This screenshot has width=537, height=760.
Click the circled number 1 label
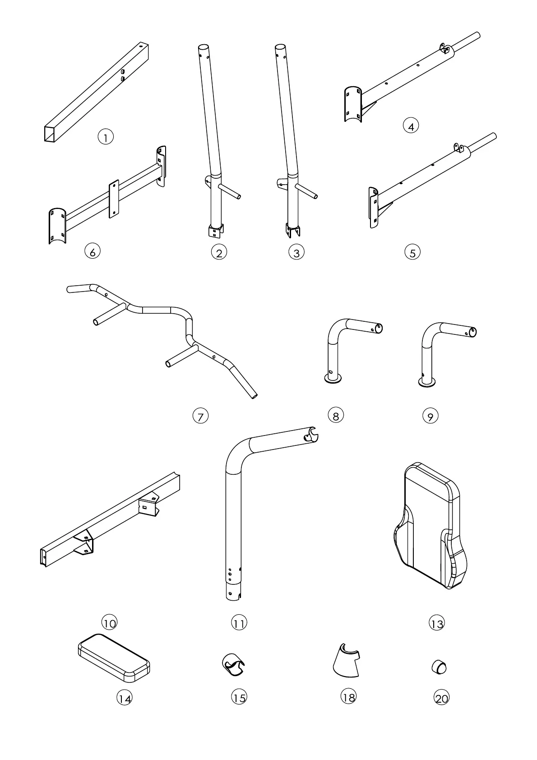(x=106, y=137)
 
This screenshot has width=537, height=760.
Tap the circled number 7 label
(x=200, y=416)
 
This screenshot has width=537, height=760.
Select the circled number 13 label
(x=436, y=623)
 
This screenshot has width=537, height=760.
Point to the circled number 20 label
(x=441, y=698)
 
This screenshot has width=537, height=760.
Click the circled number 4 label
(x=411, y=126)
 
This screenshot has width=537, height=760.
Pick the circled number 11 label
(x=239, y=623)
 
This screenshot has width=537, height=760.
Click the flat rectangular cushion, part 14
(x=113, y=658)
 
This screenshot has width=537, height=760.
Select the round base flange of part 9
(x=427, y=383)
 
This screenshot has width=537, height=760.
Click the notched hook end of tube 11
(x=311, y=434)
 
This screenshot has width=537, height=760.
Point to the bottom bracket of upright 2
(x=215, y=231)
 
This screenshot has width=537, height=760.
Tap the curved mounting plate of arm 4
(x=352, y=104)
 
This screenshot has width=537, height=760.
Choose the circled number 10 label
(x=110, y=623)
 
